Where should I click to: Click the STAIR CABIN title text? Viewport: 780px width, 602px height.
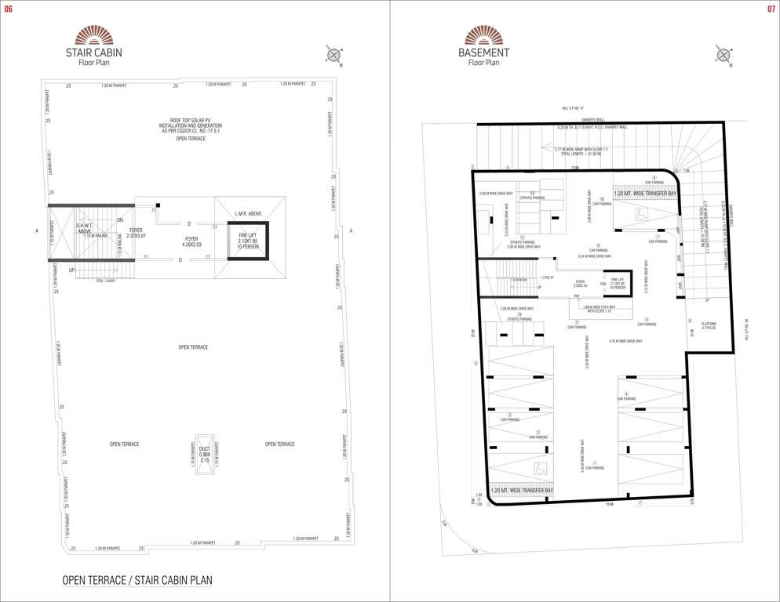coord(93,53)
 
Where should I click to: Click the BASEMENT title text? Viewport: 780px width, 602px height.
coord(483,53)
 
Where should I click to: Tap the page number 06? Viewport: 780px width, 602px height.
coord(9,9)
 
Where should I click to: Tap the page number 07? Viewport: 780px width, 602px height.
coord(771,9)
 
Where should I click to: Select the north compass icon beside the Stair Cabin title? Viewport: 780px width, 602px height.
coord(334,55)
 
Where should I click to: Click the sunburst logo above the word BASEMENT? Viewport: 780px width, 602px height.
coord(483,35)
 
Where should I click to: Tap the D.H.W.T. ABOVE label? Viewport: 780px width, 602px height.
coord(86,229)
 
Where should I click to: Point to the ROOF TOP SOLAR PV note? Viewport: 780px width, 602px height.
coord(190,125)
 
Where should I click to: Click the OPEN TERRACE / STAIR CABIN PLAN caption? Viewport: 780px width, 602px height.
coord(137,581)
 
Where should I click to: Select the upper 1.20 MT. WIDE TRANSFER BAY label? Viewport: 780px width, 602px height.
coord(645,192)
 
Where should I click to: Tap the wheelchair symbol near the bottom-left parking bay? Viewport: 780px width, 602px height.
coord(540,469)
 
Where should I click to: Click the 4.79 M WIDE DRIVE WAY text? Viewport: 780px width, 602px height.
coord(625,341)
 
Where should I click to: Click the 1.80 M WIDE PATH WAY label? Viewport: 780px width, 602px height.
coord(602,309)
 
